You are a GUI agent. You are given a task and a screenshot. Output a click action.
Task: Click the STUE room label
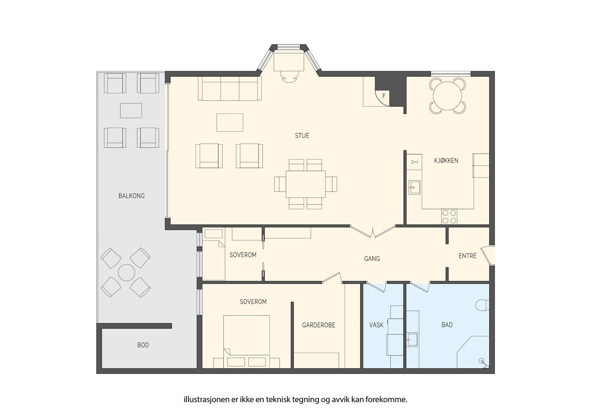[x=302, y=136]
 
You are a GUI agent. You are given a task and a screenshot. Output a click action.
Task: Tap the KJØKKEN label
[x=446, y=160]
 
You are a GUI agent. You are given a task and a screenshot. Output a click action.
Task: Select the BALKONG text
[x=131, y=196]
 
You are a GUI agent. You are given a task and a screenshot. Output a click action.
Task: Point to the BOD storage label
[x=143, y=345]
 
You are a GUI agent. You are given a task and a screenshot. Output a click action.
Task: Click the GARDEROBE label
[x=318, y=325]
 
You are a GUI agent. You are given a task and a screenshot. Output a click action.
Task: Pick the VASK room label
[x=376, y=325]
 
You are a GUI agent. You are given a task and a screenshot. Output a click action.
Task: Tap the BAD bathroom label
[x=447, y=325]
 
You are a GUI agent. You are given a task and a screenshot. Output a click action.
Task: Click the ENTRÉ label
[x=467, y=256]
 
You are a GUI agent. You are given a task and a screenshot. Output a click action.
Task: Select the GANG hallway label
[x=372, y=259]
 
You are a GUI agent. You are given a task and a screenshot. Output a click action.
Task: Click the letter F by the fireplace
[x=384, y=96]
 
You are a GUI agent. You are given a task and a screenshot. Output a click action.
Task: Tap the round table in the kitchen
[x=447, y=96]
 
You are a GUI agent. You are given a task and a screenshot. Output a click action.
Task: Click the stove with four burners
[x=449, y=217]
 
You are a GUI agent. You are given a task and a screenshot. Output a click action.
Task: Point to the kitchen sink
[x=414, y=187]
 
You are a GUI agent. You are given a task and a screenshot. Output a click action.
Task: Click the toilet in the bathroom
[x=482, y=305]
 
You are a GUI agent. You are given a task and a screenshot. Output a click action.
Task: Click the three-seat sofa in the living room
[x=230, y=89]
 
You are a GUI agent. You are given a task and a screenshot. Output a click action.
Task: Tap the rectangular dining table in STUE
[x=306, y=184]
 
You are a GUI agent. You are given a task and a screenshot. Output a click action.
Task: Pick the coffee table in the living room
[x=230, y=122]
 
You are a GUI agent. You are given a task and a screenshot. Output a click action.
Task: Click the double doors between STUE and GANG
[x=373, y=231]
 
